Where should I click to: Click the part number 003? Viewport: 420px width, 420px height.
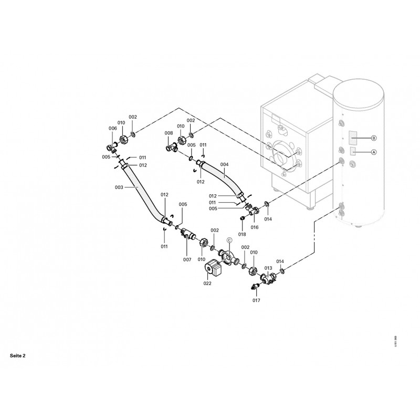click(x=119, y=187)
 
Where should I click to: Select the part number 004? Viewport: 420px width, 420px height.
click(x=225, y=164)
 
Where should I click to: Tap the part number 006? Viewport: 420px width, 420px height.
click(x=113, y=129)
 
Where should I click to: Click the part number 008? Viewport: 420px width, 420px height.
click(x=169, y=133)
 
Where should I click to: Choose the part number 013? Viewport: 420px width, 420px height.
click(x=268, y=268)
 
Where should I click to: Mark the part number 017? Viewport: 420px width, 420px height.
click(x=256, y=300)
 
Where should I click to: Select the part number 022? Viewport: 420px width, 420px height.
click(x=208, y=283)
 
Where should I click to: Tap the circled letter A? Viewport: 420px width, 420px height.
click(x=374, y=152)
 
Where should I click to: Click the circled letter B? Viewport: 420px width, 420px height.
click(x=374, y=138)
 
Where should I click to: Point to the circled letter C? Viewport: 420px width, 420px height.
click(x=229, y=240)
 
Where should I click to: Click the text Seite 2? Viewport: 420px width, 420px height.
click(x=17, y=355)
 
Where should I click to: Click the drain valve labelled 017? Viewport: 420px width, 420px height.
click(x=256, y=286)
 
